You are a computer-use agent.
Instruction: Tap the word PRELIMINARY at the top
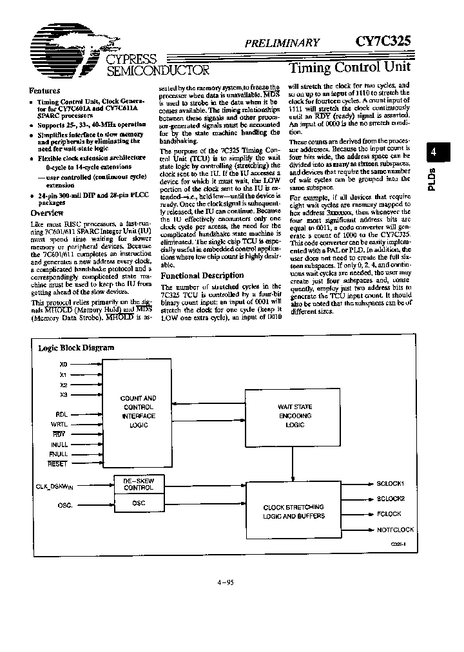click(282, 43)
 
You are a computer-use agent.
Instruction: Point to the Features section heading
click(44, 91)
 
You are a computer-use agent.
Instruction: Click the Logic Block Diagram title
click(76, 347)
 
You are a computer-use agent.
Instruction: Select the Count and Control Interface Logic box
click(139, 411)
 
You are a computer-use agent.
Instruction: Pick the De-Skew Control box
click(139, 484)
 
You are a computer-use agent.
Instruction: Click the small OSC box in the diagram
click(139, 503)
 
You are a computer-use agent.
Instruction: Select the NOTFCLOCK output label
click(395, 530)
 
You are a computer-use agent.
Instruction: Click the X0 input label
click(63, 364)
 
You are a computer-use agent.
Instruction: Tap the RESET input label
click(58, 463)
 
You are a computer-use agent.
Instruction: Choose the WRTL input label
click(59, 424)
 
